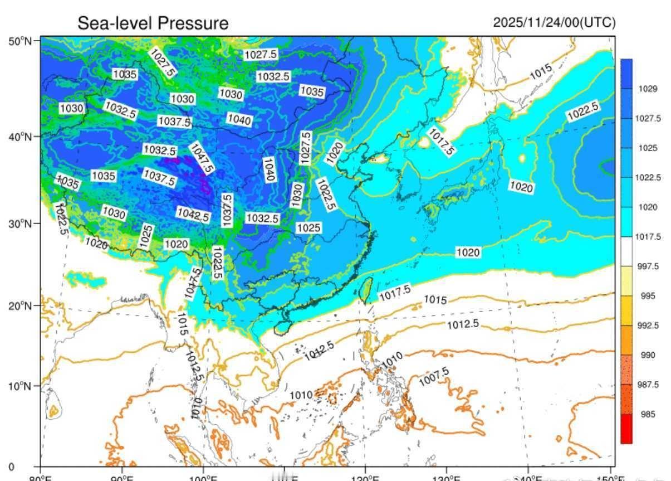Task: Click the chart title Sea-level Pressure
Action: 153,23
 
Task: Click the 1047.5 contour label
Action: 202,158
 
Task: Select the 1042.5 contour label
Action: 193,213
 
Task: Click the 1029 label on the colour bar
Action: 648,89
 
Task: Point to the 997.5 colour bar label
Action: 648,266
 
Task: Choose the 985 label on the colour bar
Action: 648,414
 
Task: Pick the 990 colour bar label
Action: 648,355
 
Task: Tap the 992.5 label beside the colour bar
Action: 648,325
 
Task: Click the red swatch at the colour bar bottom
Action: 626,429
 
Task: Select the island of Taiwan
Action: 366,290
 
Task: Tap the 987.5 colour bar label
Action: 648,385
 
